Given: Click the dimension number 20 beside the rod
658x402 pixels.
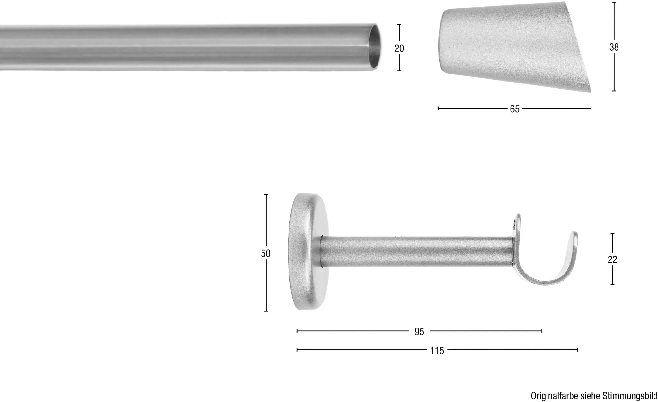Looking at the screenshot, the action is click(x=399, y=48).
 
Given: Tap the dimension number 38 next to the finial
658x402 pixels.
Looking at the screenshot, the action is click(x=614, y=47).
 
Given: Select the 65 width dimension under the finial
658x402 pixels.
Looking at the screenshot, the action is click(x=514, y=109).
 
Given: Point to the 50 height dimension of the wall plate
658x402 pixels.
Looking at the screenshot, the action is click(x=266, y=254).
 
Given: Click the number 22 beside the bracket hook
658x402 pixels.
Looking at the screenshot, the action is click(x=612, y=259).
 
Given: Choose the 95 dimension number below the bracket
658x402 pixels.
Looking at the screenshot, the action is click(x=419, y=332).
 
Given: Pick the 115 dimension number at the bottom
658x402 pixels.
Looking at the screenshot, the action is click(x=437, y=351).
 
